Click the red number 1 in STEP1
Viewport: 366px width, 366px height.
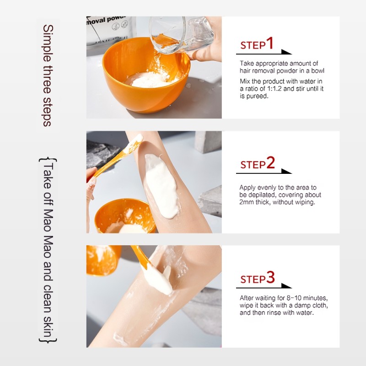(269, 43)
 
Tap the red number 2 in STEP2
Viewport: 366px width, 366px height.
(270, 163)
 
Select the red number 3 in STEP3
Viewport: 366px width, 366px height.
(270, 277)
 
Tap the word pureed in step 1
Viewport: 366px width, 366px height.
(258, 97)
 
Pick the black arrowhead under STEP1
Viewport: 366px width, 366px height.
(286, 52)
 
